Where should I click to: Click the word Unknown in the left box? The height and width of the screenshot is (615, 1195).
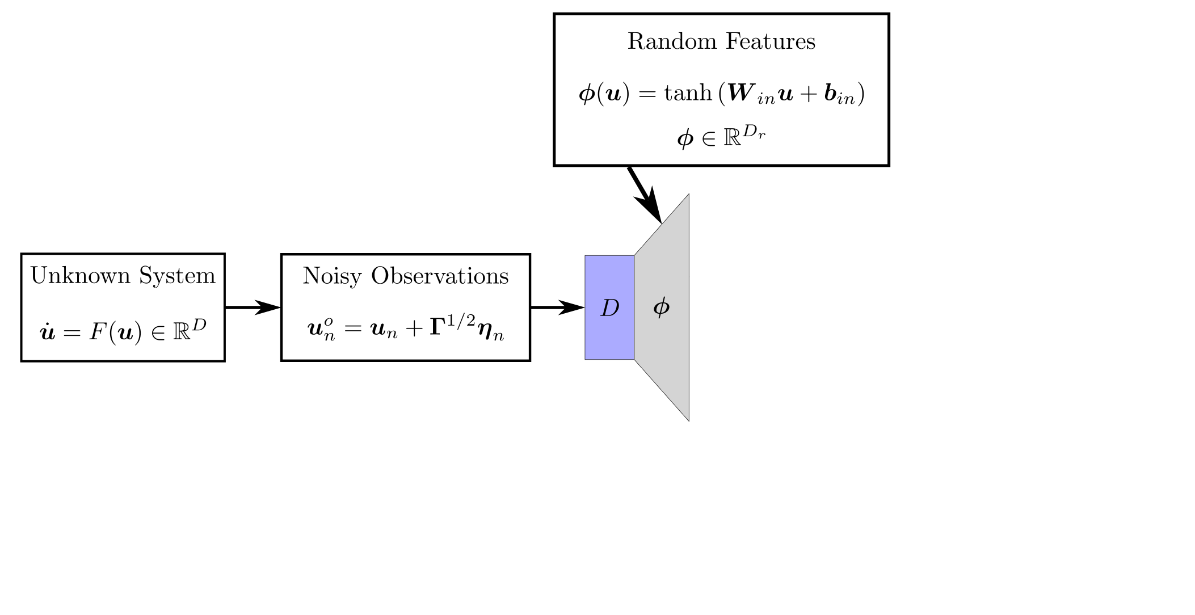pyautogui.click(x=81, y=276)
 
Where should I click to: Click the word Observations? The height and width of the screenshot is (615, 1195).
pyautogui.click(x=440, y=276)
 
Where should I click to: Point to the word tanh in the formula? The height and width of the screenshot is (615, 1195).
pyautogui.click(x=688, y=92)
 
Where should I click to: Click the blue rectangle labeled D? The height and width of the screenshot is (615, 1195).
pyautogui.click(x=609, y=307)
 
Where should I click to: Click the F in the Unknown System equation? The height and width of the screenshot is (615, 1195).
pyautogui.click(x=97, y=331)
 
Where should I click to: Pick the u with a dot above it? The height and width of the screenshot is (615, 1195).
pyautogui.click(x=48, y=332)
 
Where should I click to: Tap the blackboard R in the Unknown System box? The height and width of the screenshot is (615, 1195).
pyautogui.click(x=182, y=331)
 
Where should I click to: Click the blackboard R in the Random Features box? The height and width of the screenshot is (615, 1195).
pyautogui.click(x=732, y=138)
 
